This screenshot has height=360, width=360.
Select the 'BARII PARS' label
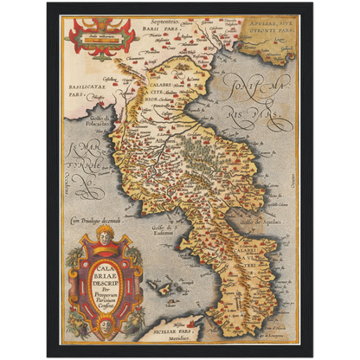[x=158, y=28]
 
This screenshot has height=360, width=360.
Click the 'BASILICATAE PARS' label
[x=87, y=90]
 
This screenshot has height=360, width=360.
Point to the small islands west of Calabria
[x=159, y=285]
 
